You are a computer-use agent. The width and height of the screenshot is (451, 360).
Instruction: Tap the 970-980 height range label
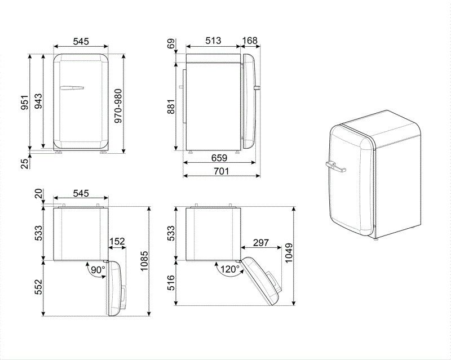point(118,106)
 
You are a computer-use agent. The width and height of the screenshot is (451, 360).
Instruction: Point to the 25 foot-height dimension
point(24,163)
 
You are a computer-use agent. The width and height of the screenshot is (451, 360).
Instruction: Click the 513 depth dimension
point(212,41)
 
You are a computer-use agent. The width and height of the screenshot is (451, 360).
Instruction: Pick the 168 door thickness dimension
point(250,41)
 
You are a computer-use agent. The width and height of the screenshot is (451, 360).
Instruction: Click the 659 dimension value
point(220,158)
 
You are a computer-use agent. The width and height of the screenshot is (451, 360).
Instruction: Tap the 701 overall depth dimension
point(220,171)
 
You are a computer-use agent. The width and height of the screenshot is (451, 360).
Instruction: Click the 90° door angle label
point(98,270)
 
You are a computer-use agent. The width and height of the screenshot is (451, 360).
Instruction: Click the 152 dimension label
point(116,242)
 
